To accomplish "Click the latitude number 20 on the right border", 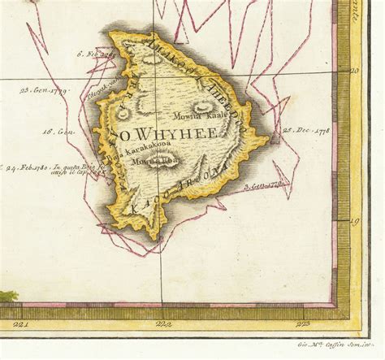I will coord(354,71).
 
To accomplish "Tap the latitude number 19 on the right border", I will coord(354,220).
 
